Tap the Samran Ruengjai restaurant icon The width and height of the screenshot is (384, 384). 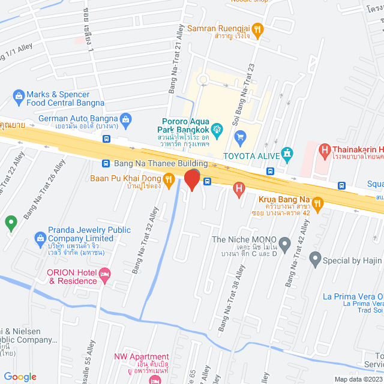[257, 28]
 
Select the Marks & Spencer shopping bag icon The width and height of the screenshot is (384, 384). [19, 95]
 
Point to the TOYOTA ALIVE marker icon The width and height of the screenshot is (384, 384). [288, 154]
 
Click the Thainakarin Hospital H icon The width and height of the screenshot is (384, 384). [325, 150]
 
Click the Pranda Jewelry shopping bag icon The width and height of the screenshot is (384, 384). [40, 238]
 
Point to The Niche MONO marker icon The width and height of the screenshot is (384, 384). [285, 244]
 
